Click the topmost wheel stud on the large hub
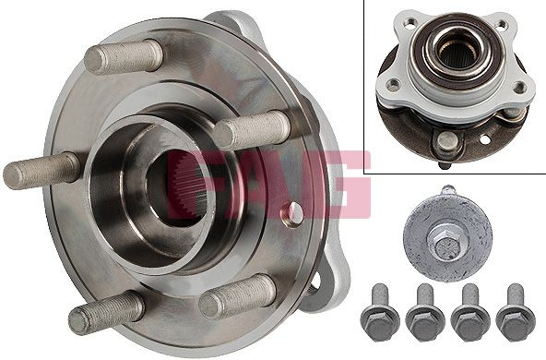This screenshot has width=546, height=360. coord(124,56)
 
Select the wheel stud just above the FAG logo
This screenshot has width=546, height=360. coord(252,129)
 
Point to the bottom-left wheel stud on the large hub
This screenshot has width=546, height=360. coord(106,313)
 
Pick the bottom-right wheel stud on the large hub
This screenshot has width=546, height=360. coord(238,296)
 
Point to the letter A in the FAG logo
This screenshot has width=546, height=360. coord(268,185)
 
